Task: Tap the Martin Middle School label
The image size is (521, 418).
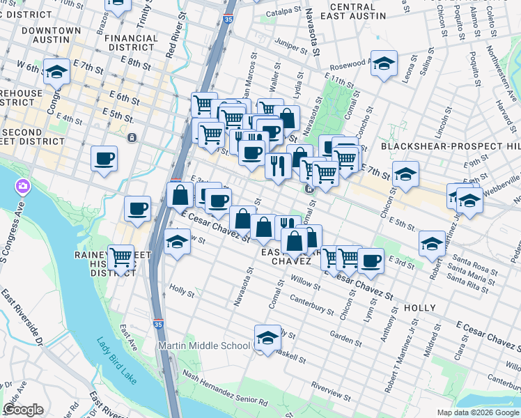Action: tap(204, 346)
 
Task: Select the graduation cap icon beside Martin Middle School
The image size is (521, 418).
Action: tap(266, 338)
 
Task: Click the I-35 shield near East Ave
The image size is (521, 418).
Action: tap(158, 325)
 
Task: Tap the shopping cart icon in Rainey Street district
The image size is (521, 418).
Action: tap(121, 257)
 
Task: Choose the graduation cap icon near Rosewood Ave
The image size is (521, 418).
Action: tap(384, 64)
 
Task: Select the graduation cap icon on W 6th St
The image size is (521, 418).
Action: tap(56, 71)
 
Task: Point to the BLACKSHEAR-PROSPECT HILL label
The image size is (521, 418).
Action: tap(450, 146)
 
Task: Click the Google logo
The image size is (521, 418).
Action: tap(23, 410)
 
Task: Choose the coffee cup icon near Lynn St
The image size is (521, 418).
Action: tap(371, 260)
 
